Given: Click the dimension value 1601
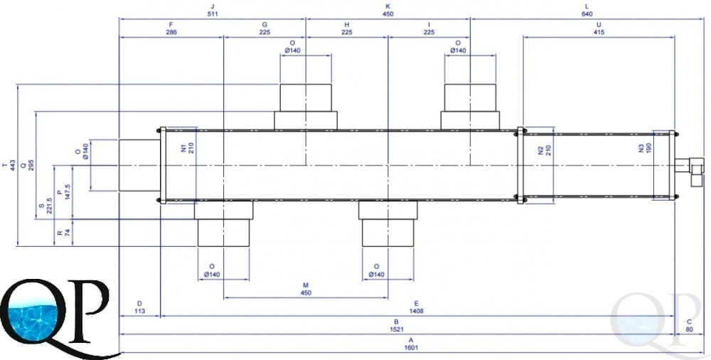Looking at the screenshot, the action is point(411,348).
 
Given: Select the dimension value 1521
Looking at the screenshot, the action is point(396,329).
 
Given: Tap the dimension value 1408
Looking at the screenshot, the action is point(416,311).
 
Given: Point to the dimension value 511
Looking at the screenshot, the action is point(212,14).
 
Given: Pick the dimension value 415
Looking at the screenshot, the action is point(599,32).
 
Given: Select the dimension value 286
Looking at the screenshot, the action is point(171,32).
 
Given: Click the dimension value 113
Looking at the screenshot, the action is point(139,311).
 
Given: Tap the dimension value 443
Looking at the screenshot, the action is point(13,165).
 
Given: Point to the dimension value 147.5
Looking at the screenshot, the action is point(68,193).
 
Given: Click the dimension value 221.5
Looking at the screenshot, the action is point(50,205).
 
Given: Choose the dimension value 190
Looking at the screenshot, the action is point(648,148).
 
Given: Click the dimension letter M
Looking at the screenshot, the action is point(306,285).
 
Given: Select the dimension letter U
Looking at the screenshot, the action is point(599,24).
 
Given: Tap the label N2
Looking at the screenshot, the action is point(540,150).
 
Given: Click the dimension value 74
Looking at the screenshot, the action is point(68,233).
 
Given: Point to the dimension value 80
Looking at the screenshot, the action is point(689,329).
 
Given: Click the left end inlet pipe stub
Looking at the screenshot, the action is point(139,165).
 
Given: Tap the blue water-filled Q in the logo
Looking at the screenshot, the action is point(32,312).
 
